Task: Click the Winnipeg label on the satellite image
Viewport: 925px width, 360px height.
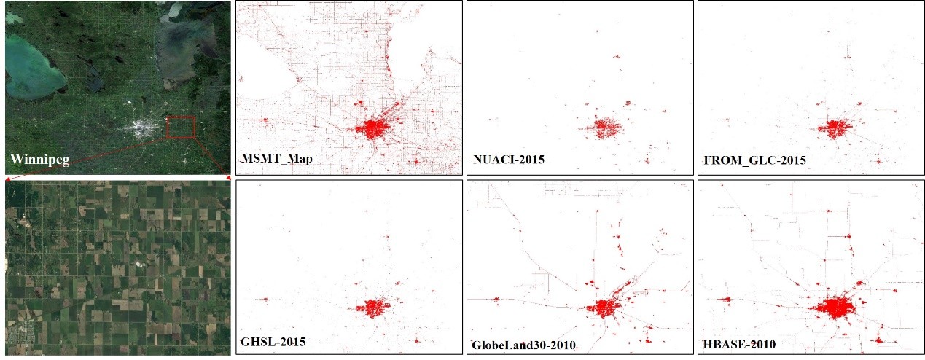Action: point(39,160)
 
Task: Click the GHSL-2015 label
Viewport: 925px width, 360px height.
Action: point(273,340)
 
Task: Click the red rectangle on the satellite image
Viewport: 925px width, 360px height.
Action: point(181,127)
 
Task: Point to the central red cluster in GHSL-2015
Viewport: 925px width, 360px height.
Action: point(372,308)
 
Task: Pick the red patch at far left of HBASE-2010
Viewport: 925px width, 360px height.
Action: point(725,299)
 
